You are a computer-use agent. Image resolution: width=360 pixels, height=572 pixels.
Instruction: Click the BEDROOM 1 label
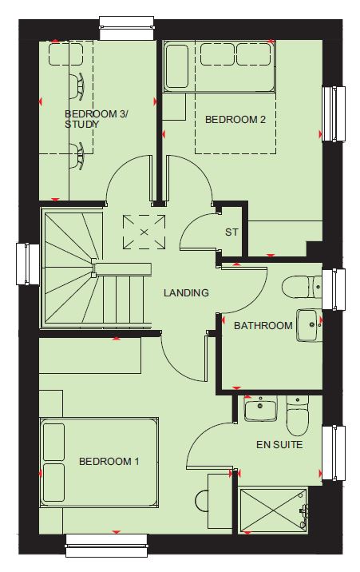109,462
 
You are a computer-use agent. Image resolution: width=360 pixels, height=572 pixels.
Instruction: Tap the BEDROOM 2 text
235,119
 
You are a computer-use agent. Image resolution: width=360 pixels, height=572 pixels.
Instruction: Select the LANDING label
186,292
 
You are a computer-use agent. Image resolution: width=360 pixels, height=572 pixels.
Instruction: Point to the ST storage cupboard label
231,232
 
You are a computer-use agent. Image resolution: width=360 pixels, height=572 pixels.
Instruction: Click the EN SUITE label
279,445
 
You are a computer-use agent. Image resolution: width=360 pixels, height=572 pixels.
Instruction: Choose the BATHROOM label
263,325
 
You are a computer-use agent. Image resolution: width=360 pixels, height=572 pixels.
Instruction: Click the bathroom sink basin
310,325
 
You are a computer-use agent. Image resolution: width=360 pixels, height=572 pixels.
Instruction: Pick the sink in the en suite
260,408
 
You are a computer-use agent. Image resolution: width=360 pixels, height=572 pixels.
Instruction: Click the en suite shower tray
273,510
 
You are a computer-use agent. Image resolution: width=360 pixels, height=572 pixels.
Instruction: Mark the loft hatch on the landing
144,232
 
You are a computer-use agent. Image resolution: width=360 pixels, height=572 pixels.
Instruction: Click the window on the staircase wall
28,264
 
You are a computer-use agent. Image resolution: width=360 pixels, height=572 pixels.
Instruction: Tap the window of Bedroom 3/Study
127,28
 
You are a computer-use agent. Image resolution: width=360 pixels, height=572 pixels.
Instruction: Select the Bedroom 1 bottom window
107,546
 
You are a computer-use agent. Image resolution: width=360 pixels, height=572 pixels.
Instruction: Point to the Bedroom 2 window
334,113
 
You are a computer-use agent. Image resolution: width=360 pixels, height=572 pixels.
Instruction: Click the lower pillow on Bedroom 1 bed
53,483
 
